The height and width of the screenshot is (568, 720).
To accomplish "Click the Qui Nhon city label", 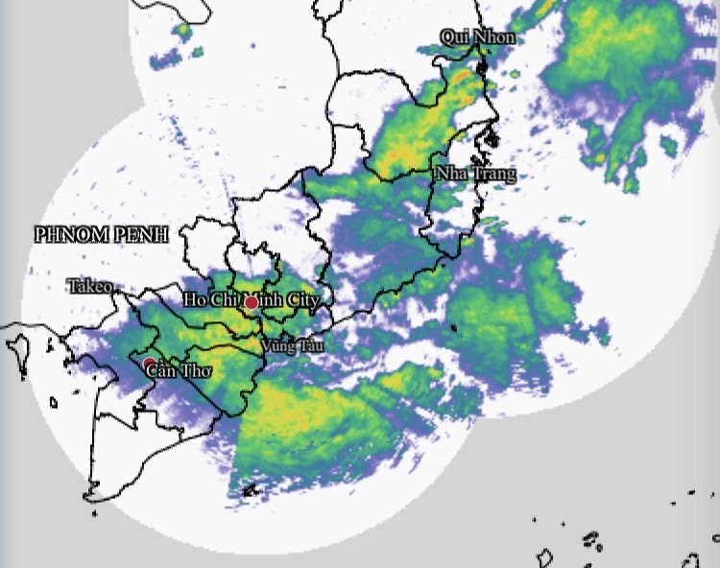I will point(477,37).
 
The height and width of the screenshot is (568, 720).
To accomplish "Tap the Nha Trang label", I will point(475,175).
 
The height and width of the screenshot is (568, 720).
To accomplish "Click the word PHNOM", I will point(67,234).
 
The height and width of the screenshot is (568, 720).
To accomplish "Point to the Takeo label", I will point(89,286).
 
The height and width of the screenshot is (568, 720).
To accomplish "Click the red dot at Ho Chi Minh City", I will point(252,303).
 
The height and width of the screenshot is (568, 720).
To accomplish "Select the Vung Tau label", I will point(292,345).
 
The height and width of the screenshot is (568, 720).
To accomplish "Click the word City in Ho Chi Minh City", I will point(298,300).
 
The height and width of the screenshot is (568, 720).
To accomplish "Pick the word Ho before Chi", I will point(195,300).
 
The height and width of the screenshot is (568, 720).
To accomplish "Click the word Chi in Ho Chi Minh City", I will point(223,300).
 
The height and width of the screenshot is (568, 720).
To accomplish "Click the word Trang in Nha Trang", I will point(493,175).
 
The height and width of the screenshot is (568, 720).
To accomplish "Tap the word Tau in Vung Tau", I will point(311,345).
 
